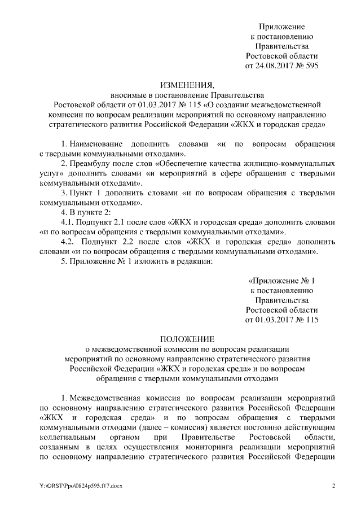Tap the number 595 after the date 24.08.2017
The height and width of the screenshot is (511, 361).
311,65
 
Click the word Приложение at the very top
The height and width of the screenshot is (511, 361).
281,26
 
